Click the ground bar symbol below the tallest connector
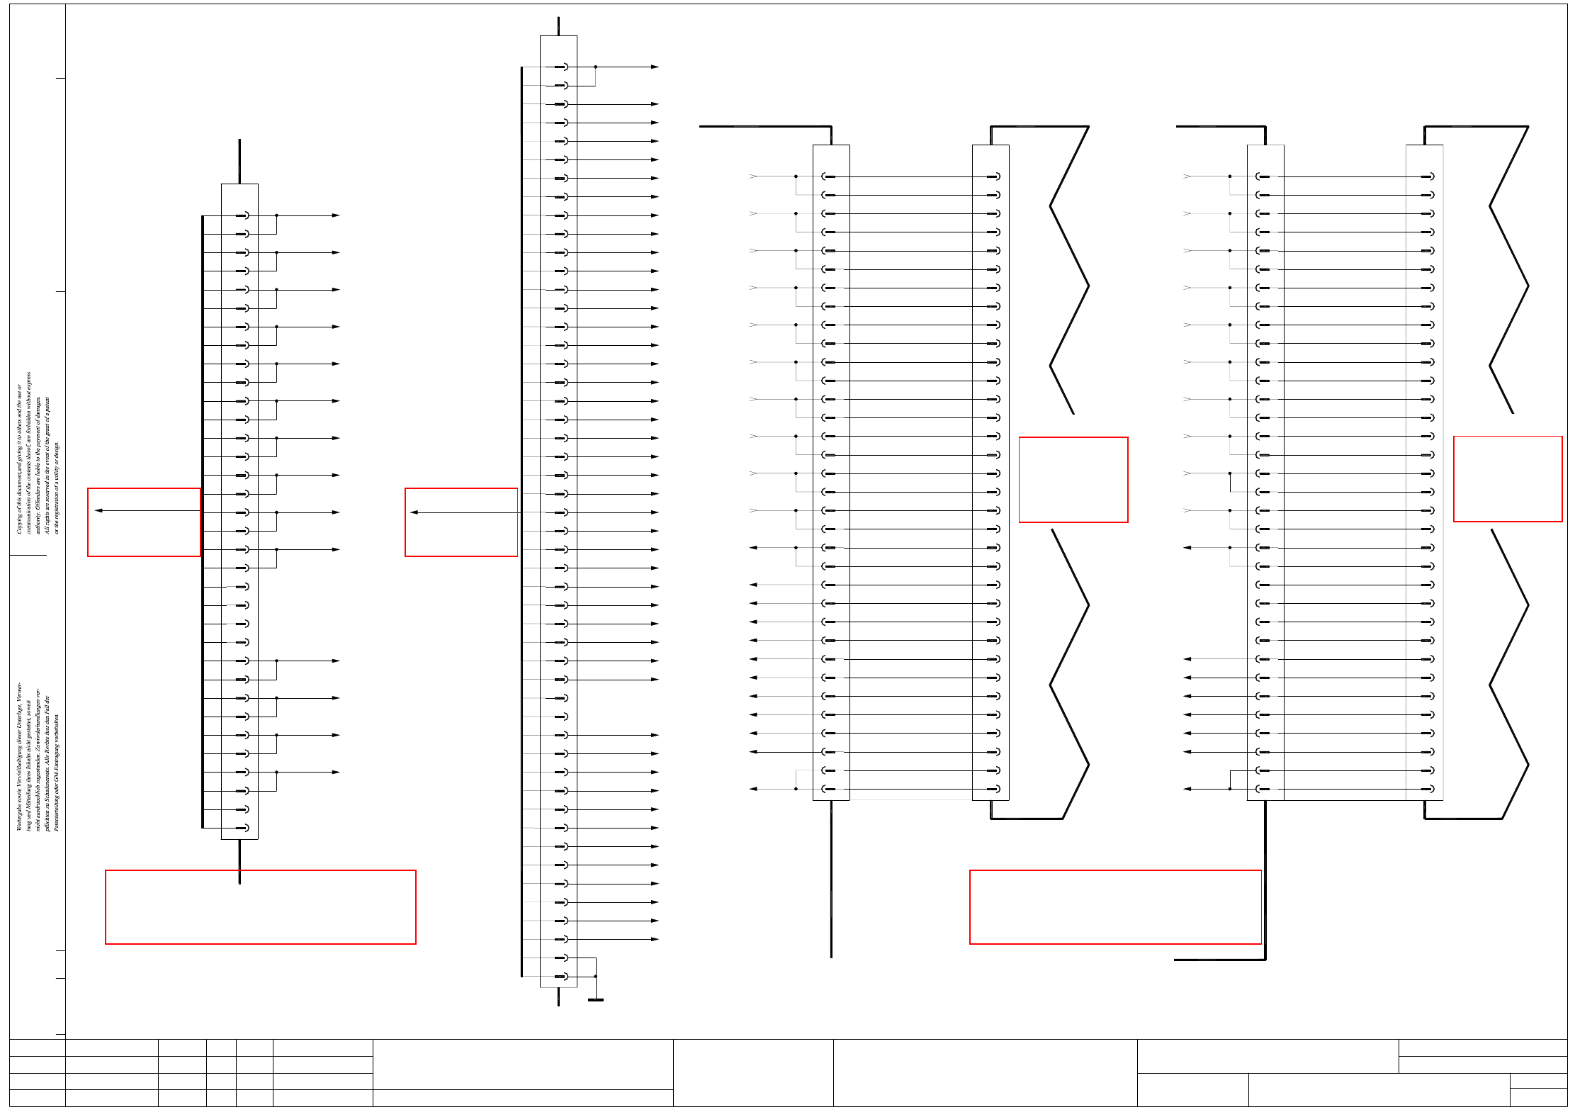click(x=596, y=1000)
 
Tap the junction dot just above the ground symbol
click(x=596, y=977)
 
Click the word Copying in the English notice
click(x=19, y=522)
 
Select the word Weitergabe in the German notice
click(x=19, y=815)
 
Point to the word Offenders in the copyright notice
click(x=38, y=495)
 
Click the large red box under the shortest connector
click(x=260, y=907)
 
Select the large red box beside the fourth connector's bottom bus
click(x=1115, y=907)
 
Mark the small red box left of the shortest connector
click(x=144, y=522)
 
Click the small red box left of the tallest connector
click(x=461, y=522)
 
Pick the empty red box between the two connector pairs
click(x=1073, y=480)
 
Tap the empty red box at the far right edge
click(x=1508, y=479)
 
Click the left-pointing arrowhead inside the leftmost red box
click(x=98, y=510)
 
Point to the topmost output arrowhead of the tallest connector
click(x=655, y=67)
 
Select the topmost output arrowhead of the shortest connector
click(x=337, y=215)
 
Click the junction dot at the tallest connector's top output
click(x=596, y=67)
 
